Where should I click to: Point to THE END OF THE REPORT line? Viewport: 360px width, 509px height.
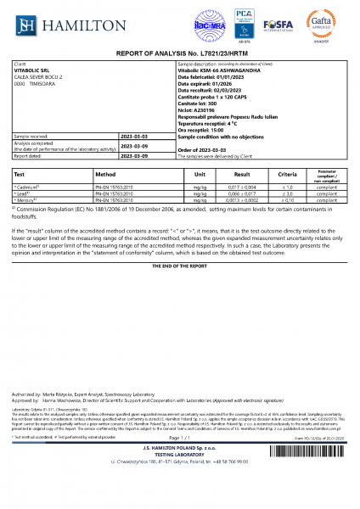coord(180,266)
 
